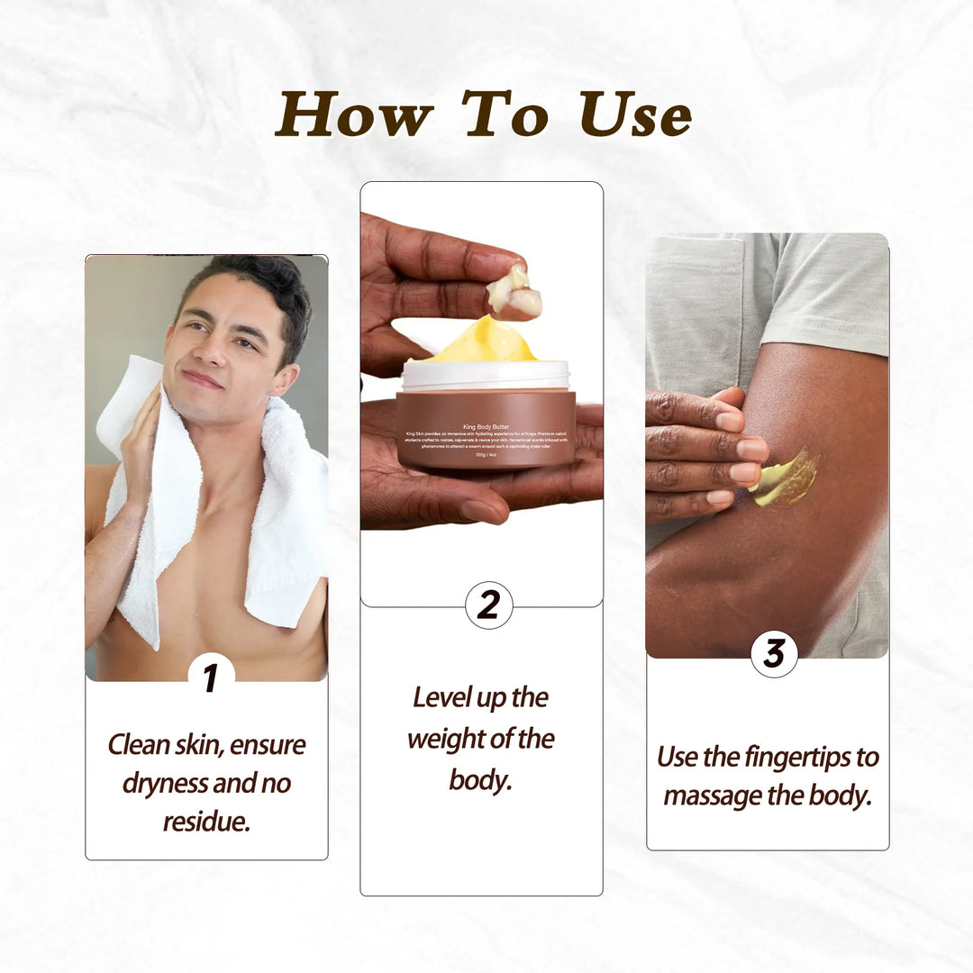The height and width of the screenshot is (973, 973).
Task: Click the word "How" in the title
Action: coord(354,114)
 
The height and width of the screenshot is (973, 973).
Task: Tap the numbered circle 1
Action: coord(211,677)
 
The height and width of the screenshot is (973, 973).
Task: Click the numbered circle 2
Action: coord(488,605)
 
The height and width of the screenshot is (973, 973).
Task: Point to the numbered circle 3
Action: coord(774,653)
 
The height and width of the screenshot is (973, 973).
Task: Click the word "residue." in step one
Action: coord(206,821)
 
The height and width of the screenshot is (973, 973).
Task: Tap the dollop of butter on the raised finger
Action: coord(514,290)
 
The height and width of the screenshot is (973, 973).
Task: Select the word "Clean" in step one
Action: coord(139,745)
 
